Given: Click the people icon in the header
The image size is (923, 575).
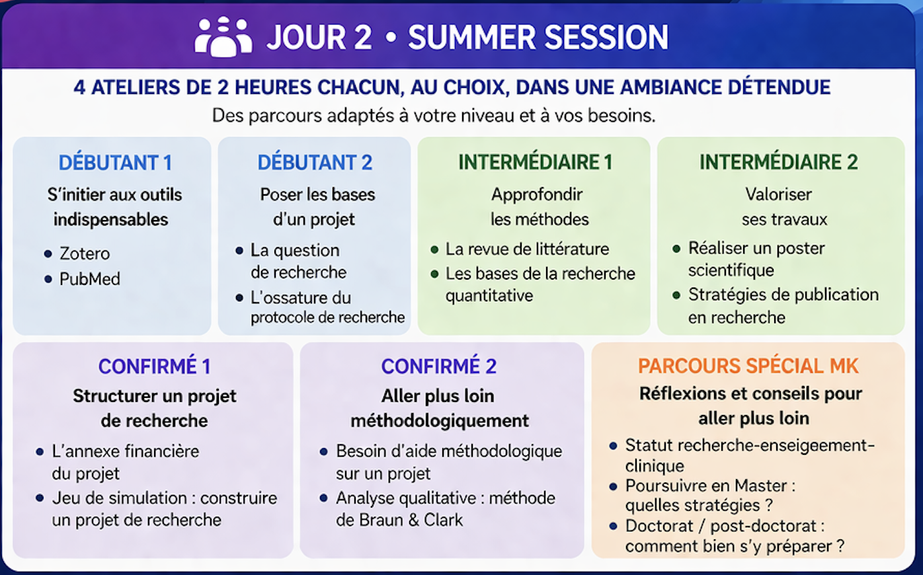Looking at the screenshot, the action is (223, 37).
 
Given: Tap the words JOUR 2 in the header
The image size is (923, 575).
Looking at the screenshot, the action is (319, 38).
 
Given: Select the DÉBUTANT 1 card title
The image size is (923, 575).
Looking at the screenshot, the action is (115, 163).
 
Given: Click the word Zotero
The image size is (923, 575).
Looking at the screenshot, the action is (85, 254).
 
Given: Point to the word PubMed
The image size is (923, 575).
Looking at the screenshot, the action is (90, 280).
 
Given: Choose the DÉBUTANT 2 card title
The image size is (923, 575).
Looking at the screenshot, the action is (315, 163).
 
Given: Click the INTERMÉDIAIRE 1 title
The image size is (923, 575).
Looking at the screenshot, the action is (536, 162).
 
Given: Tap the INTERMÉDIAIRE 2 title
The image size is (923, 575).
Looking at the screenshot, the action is (778, 162).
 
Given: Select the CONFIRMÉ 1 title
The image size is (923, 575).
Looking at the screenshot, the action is (155, 366).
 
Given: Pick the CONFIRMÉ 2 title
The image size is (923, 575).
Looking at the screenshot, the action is (439, 366).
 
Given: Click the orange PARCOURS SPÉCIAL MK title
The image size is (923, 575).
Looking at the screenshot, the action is (748, 365).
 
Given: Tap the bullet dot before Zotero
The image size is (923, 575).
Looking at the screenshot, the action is (48, 254).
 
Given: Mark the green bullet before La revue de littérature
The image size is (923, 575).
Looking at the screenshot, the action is (434, 250).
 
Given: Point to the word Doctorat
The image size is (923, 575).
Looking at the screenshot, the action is (659, 526).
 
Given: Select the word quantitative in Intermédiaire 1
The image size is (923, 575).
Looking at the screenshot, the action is (489, 295).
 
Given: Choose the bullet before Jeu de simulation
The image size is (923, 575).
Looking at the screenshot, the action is (40, 498).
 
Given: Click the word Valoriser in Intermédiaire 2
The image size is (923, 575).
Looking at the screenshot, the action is (778, 194).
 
